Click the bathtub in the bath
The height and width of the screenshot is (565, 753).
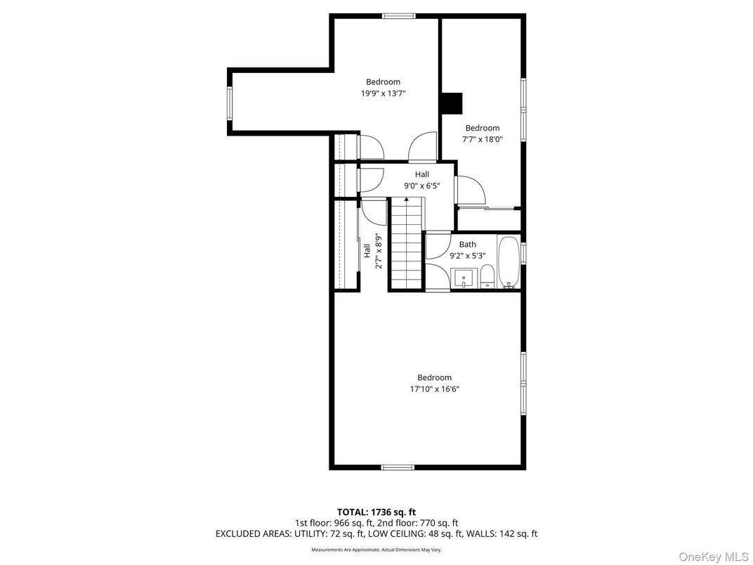coord(509,263)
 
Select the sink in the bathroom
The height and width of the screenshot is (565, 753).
coord(464,279)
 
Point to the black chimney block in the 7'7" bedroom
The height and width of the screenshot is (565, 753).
coord(452,103)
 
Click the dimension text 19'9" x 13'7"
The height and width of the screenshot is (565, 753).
coord(383,93)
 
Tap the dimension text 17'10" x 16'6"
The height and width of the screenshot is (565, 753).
coord(434,389)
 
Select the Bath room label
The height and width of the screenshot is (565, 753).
coord(467,244)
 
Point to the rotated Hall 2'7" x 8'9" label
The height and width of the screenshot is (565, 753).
coord(372,251)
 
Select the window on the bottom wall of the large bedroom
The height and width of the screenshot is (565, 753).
coord(398,467)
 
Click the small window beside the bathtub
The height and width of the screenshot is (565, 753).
coord(523,253)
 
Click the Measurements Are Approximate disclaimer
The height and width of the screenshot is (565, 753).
coord(376,550)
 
